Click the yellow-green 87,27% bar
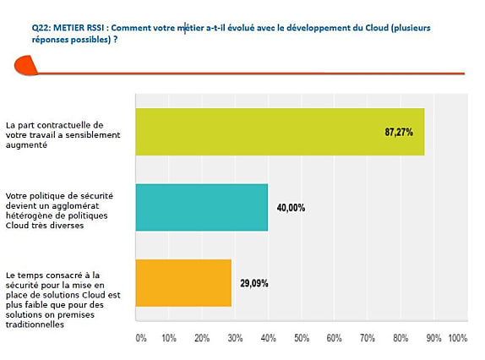tap(280, 132)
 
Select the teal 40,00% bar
tap(202, 207)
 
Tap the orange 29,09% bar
tap(183, 283)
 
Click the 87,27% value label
tap(399, 133)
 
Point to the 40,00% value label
tap(291, 208)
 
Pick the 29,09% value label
tap(254, 283)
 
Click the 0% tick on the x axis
tap(141, 338)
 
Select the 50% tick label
tap(302, 338)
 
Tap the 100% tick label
tap(458, 338)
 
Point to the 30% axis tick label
tap(235, 338)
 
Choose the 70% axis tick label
tap(368, 338)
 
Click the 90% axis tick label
tap(433, 338)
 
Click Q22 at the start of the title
tap(41, 28)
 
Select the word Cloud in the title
tap(377, 28)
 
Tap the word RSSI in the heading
tap(95, 28)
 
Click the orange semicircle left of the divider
tap(25, 65)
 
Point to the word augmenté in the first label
tap(26, 145)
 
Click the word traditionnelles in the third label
tap(35, 325)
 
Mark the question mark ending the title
tap(116, 40)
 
